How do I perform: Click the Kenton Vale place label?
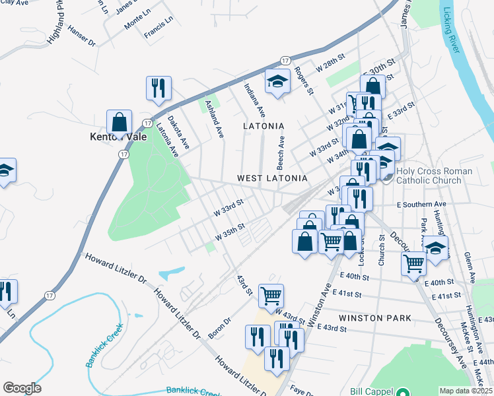(x=117, y=138)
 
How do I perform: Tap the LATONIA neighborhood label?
(x=264, y=125)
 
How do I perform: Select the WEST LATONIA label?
(x=272, y=178)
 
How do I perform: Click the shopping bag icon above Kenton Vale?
(x=119, y=122)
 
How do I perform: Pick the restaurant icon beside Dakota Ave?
(x=159, y=88)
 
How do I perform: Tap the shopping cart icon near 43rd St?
(x=271, y=296)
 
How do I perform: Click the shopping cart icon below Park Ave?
(x=414, y=264)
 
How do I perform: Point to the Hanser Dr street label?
(x=82, y=38)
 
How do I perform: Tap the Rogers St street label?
(x=304, y=81)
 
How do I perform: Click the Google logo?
(x=22, y=388)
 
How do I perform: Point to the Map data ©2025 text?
(x=466, y=391)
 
